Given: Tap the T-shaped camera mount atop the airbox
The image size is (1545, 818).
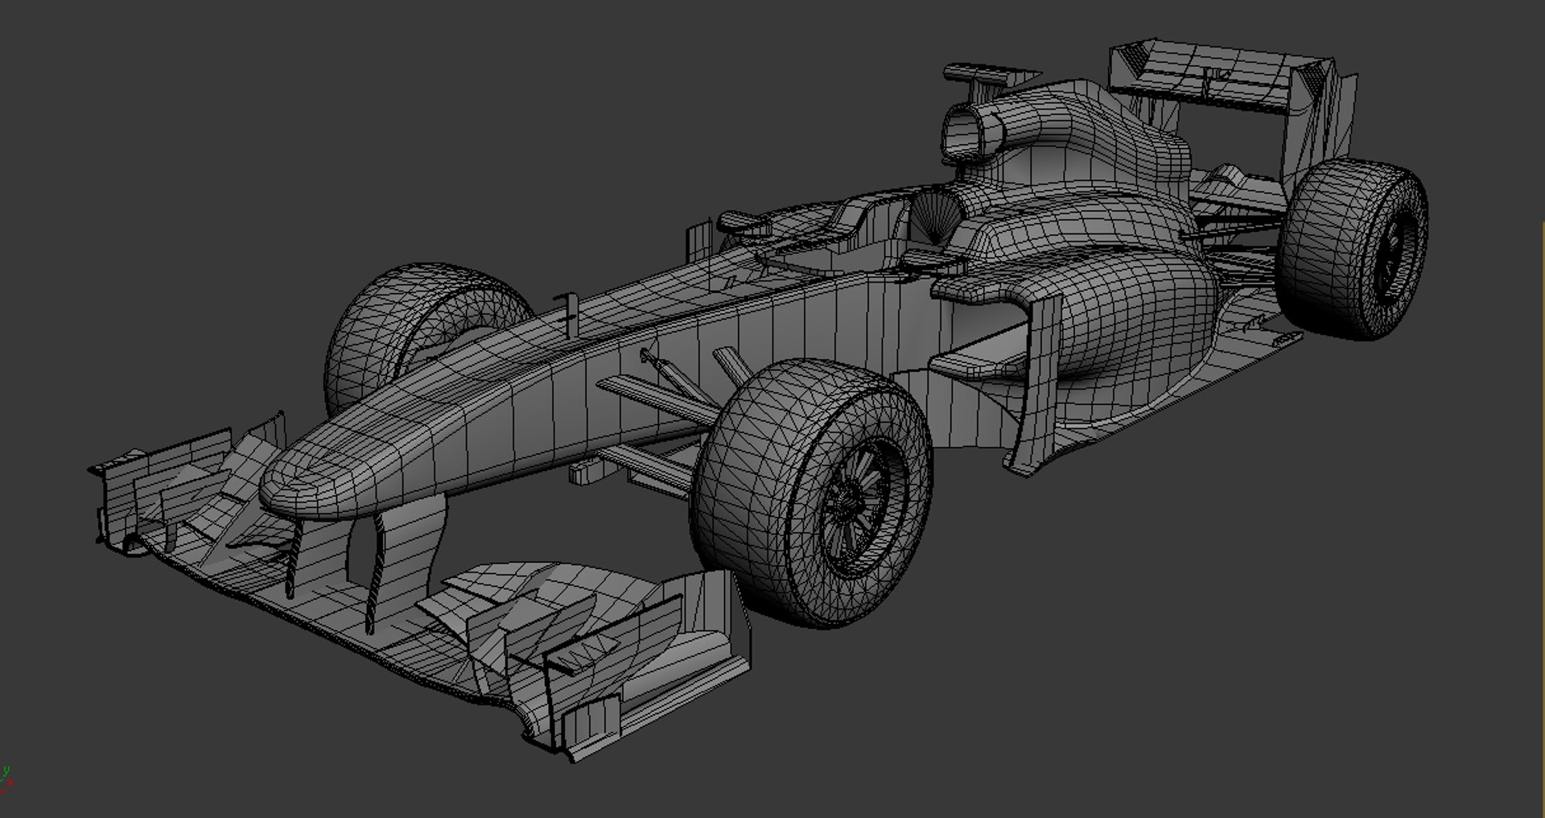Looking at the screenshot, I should click(978, 75).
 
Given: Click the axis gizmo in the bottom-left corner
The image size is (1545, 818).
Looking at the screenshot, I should click(7, 778).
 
